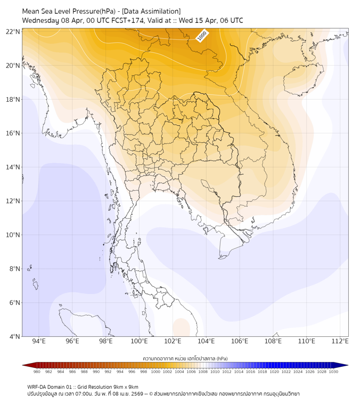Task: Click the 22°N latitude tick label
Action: click(13, 32)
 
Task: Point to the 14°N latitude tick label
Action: click(13, 167)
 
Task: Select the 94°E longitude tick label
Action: click(39, 341)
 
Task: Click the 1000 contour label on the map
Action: click(202, 36)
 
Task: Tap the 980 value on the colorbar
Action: click(37, 372)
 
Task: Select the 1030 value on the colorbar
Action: click(333, 372)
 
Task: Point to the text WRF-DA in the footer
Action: click(36, 387)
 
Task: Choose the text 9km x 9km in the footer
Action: click(126, 387)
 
